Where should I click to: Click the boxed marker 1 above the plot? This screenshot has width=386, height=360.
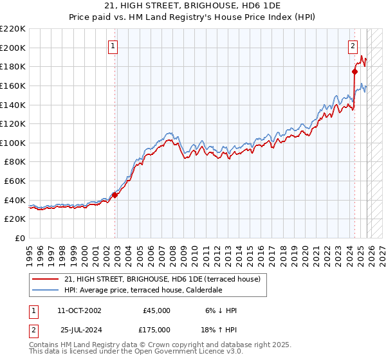[113, 46]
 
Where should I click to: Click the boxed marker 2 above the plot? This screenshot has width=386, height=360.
[353, 46]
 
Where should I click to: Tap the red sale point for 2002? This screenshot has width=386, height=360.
[115, 195]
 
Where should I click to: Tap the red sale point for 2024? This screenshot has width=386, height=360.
[354, 71]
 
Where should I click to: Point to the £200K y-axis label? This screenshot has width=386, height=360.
[13, 48]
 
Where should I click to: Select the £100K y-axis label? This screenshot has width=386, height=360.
[13, 143]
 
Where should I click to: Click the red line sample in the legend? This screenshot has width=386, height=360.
[46, 279]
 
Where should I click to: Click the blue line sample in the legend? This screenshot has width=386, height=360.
[46, 290]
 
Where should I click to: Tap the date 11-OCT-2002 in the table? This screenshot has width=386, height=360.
[79, 310]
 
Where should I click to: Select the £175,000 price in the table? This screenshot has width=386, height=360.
[156, 330]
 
